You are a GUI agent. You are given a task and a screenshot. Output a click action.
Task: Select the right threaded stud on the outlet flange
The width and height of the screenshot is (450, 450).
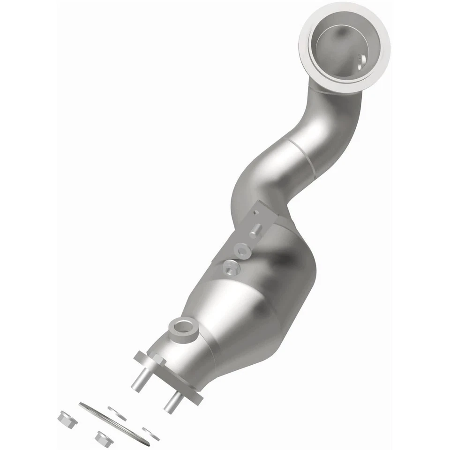pos(172,401)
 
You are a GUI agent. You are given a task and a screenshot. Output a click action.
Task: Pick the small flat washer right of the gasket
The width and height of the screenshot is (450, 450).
pos(151,434)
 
